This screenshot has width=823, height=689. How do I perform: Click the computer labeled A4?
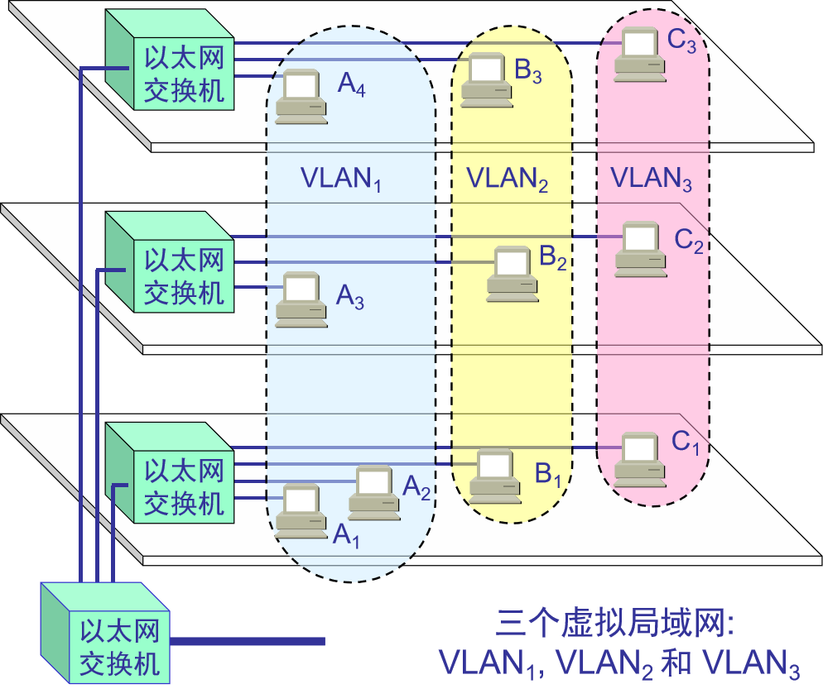(300, 97)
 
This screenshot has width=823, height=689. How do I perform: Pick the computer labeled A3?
(300, 298)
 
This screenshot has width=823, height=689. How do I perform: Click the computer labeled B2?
(512, 273)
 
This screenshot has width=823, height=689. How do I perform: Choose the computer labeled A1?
(300, 511)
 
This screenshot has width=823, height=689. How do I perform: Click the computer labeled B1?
(494, 476)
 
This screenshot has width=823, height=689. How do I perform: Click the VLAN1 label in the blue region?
(340, 179)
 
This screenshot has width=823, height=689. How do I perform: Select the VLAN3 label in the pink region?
(651, 178)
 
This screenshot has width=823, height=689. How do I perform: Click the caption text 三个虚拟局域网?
(616, 623)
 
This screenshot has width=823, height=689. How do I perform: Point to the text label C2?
(688, 241)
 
